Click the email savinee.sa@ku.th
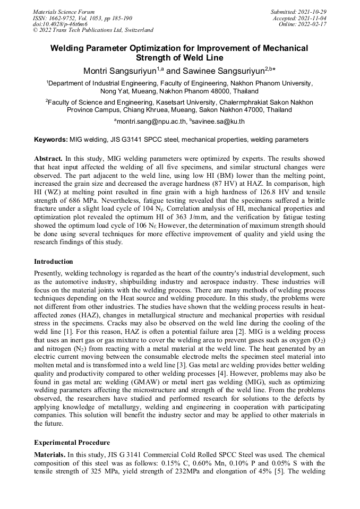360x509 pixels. [218, 122]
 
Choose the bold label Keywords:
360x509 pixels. [51, 140]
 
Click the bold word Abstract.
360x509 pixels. [48, 159]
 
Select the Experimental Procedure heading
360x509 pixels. [72, 442]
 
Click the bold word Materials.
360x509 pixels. [49, 455]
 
